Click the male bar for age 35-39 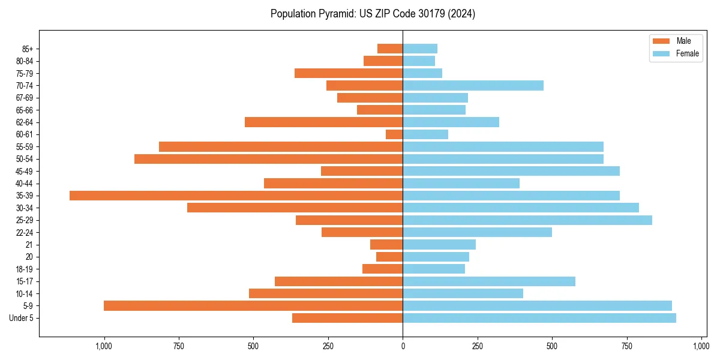pyautogui.click(x=236, y=196)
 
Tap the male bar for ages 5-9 pyautogui.click(x=253, y=306)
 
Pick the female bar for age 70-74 pyautogui.click(x=473, y=86)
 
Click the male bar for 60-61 pyautogui.click(x=394, y=134)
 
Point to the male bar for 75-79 pyautogui.click(x=349, y=73)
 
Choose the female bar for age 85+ pyautogui.click(x=420, y=49)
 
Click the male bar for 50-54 pyautogui.click(x=268, y=159)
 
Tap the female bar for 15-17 pyautogui.click(x=489, y=281)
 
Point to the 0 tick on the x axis pyautogui.click(x=403, y=346)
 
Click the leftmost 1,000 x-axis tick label pyautogui.click(x=104, y=346)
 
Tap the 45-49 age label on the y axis pyautogui.click(x=25, y=171)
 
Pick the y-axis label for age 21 pyautogui.click(x=29, y=245)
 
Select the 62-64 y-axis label pyautogui.click(x=25, y=122)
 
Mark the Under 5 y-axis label pyautogui.click(x=21, y=318)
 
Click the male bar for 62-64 pyautogui.click(x=323, y=122)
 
